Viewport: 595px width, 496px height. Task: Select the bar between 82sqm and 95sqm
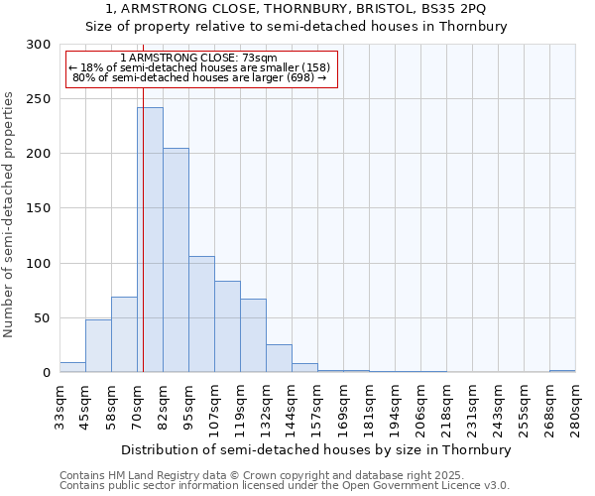[x=176, y=260]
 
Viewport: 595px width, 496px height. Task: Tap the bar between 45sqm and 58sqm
[x=98, y=346]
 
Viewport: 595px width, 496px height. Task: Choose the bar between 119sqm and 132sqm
[x=253, y=335]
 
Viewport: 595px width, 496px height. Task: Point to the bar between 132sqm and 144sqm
[x=279, y=358]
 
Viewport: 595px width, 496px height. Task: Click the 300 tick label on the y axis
[x=39, y=45]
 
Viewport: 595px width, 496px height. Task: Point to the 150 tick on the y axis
[x=39, y=208]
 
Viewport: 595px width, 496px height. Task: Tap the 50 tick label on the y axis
[x=43, y=318]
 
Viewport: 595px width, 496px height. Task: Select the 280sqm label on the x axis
[x=575, y=408]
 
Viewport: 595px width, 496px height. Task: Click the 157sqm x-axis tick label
[x=317, y=408]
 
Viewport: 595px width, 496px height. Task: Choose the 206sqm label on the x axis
[x=420, y=408]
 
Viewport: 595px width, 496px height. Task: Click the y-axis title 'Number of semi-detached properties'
[x=10, y=214]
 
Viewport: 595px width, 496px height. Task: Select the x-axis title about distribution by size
[x=317, y=449]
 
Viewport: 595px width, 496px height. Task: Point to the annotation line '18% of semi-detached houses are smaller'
[x=201, y=67]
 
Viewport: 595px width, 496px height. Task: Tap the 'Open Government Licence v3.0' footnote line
[x=285, y=486]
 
